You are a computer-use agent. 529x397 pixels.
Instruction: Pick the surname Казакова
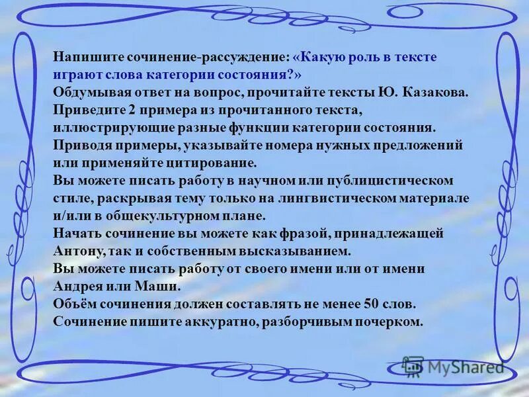click(438, 92)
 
